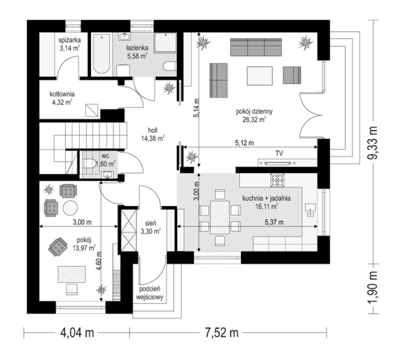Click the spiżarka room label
(x=70, y=40)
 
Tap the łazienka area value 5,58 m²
(x=137, y=56)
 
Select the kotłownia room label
(x=62, y=94)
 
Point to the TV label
(x=279, y=153)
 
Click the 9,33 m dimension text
(x=373, y=142)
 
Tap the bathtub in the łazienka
(x=102, y=54)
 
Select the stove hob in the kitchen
(x=277, y=180)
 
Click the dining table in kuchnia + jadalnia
(x=220, y=217)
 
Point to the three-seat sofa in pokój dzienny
(x=256, y=47)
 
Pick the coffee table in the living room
(x=260, y=76)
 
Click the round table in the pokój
(x=70, y=208)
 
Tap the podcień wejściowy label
(x=150, y=293)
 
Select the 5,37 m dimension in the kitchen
(x=274, y=222)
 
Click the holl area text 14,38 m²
(x=153, y=139)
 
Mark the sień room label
(x=151, y=223)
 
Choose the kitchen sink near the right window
(x=310, y=208)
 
